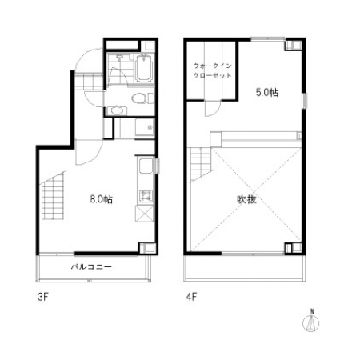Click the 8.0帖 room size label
102,199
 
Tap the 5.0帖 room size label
267,93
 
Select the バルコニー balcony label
91,266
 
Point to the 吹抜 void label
246,199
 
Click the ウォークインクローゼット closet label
212,70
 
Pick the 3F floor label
43,297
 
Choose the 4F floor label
191,297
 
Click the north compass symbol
311,322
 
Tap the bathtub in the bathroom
145,69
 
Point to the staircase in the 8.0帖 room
53,196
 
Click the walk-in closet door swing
212,109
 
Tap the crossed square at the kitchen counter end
145,214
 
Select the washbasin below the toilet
117,110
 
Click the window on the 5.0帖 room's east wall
305,101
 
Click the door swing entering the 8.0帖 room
89,152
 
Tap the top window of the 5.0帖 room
268,39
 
